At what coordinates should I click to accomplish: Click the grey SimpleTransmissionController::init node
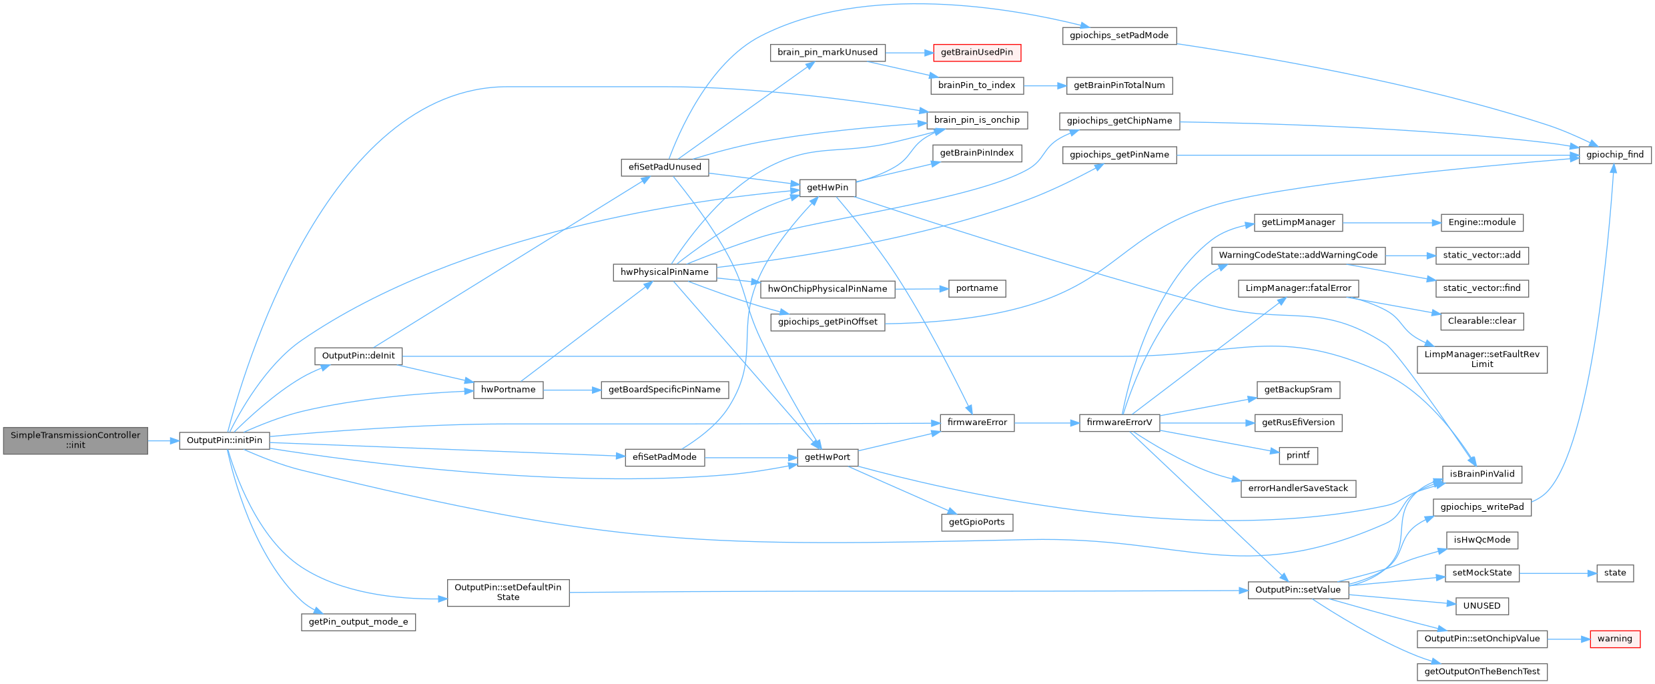coord(75,440)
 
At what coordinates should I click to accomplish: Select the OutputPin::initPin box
coord(224,440)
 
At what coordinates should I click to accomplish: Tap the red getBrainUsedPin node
coord(976,53)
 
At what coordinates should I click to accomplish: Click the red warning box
coord(1614,639)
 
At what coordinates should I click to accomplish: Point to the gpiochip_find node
coord(1615,155)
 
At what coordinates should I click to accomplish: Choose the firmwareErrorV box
coord(1119,422)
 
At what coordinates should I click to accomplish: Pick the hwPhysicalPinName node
coord(665,272)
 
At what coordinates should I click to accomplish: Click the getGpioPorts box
coord(977,523)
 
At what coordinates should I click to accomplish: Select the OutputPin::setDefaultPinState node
coord(508,593)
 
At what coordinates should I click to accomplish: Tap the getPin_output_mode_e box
coord(358,622)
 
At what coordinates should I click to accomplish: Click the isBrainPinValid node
coord(1482,474)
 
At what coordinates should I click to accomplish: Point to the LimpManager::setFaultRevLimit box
coord(1482,360)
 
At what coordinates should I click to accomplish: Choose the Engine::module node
coord(1482,223)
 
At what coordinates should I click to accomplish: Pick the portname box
coord(977,288)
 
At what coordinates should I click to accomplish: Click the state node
coord(1615,573)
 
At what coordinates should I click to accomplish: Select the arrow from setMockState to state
coord(1558,573)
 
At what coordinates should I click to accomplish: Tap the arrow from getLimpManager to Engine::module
coord(1392,223)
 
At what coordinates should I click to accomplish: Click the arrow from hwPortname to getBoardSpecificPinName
coord(572,390)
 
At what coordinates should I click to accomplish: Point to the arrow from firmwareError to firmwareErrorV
coord(1047,422)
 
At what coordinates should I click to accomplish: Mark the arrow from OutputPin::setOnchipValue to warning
coord(1569,639)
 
